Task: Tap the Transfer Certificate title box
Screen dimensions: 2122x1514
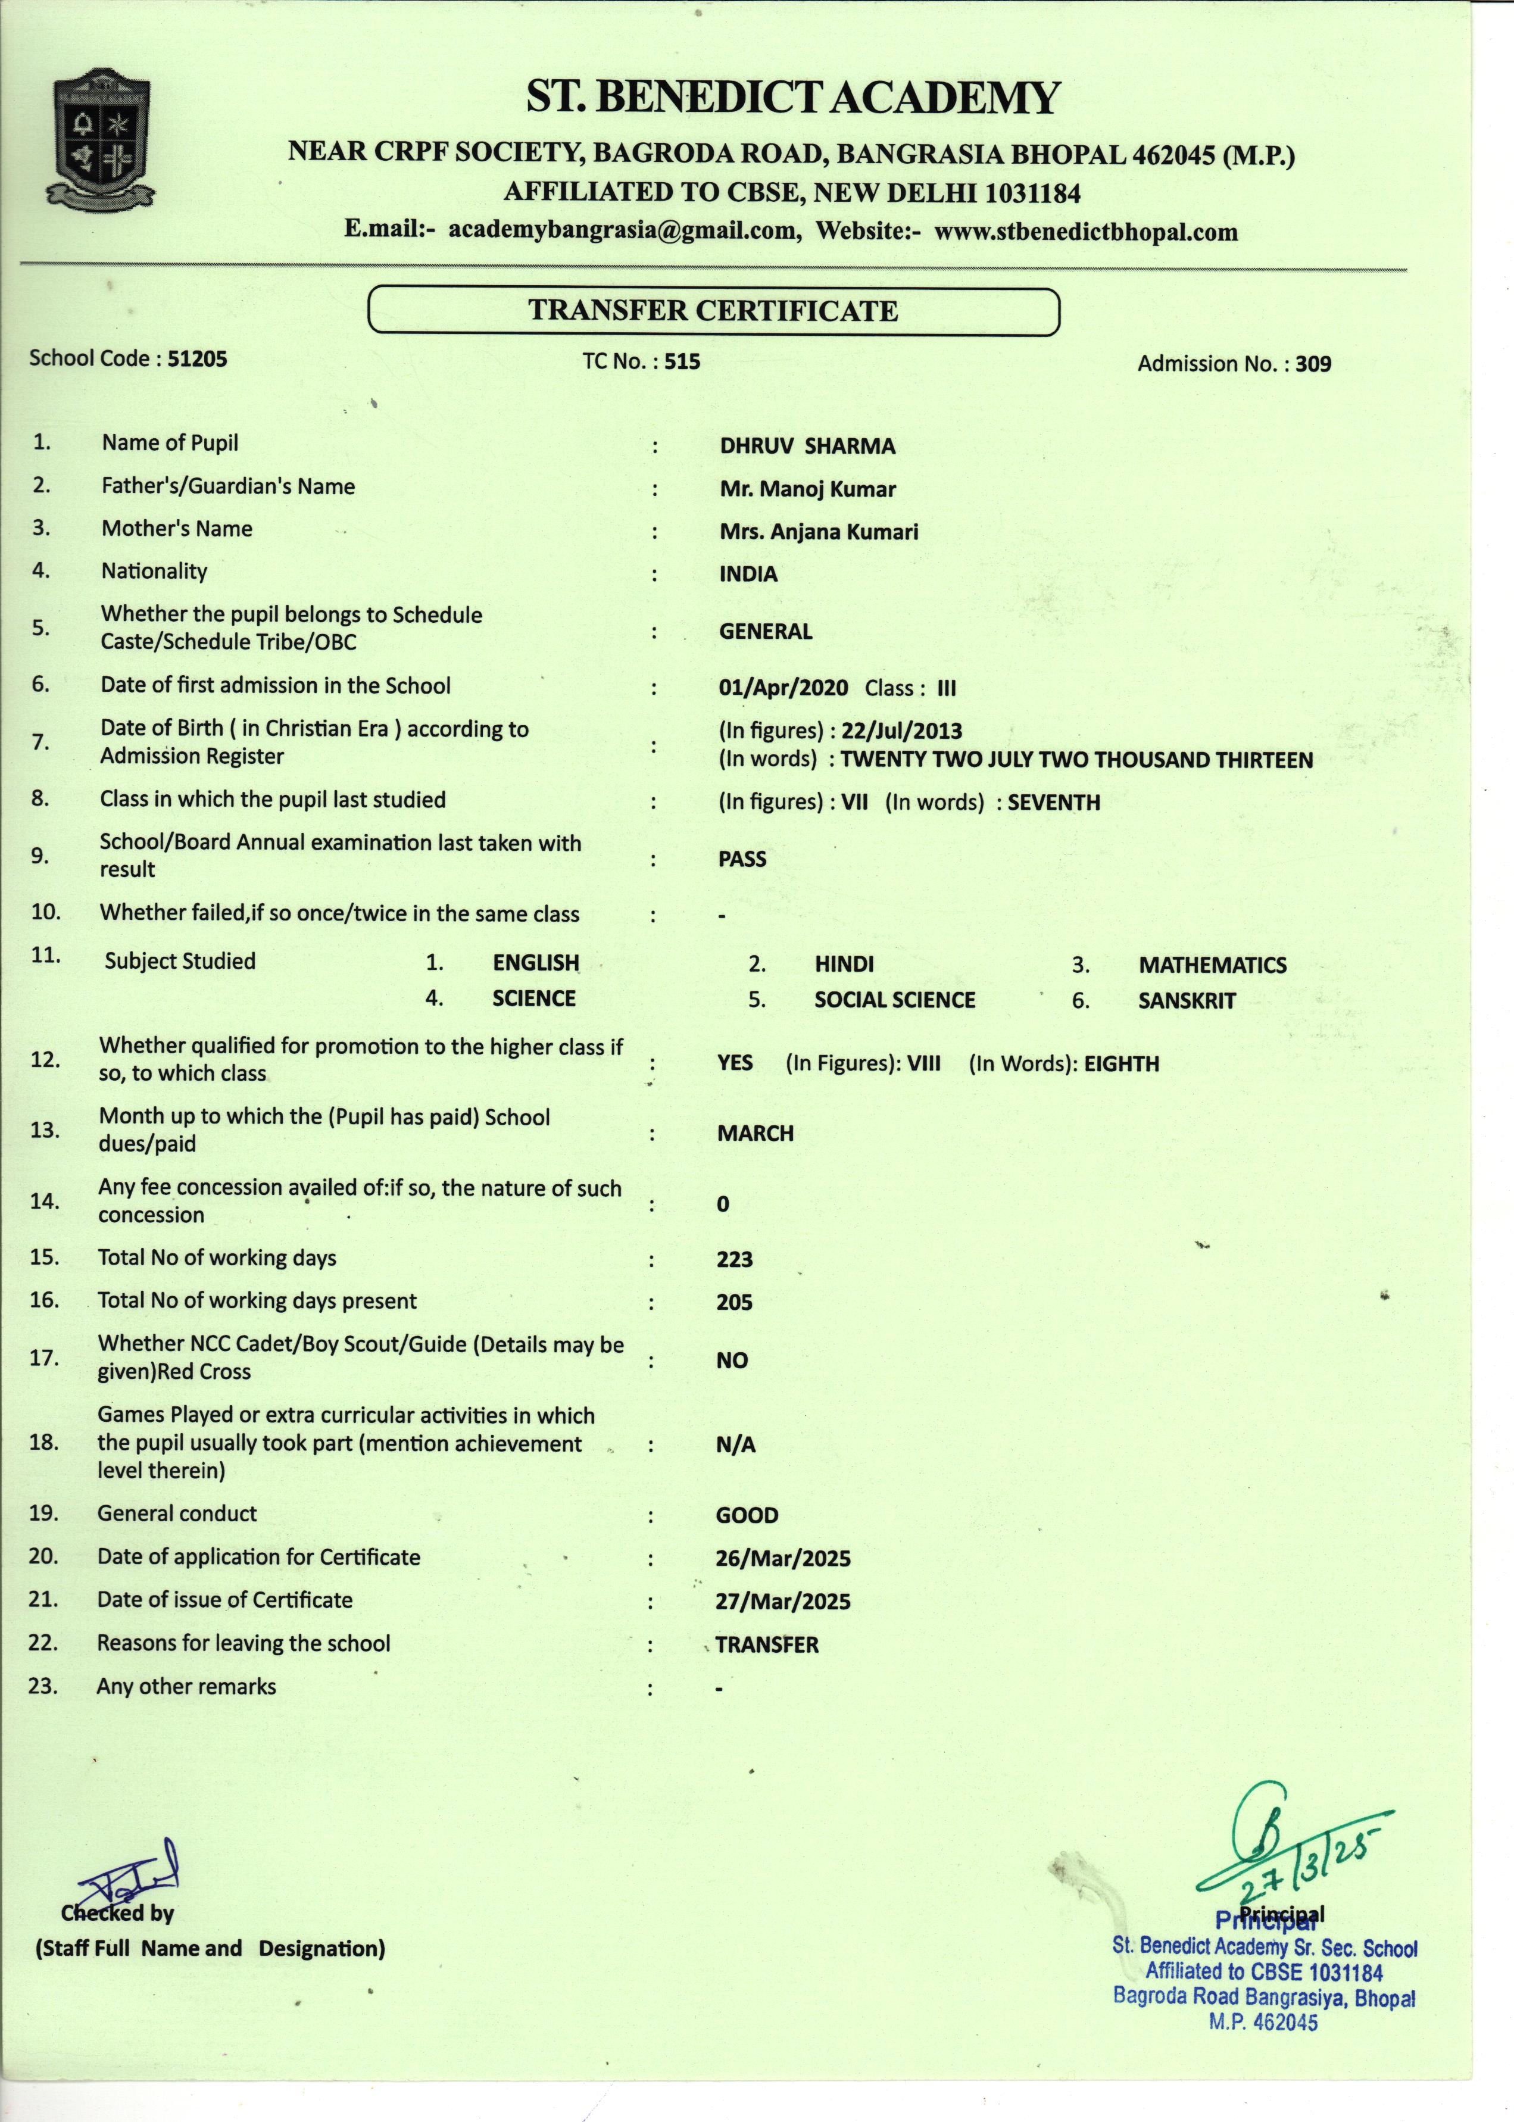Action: pyautogui.click(x=713, y=310)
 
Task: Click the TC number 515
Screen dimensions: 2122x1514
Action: pyautogui.click(x=682, y=362)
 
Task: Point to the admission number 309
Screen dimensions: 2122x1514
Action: pyautogui.click(x=1313, y=364)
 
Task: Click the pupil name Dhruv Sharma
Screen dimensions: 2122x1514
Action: pyautogui.click(x=807, y=447)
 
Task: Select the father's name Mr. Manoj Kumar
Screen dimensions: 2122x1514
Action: pyautogui.click(x=807, y=489)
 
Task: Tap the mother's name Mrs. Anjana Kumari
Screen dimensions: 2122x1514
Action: pyautogui.click(x=819, y=532)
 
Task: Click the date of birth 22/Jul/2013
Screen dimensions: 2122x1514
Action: pyautogui.click(x=901, y=731)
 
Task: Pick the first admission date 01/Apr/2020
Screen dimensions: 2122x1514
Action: pyautogui.click(x=783, y=689)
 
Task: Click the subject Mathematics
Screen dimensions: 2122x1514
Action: pyautogui.click(x=1212, y=966)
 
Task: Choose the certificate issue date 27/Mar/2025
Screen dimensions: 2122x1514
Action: pyautogui.click(x=783, y=1602)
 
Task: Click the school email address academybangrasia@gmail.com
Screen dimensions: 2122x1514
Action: pyautogui.click(x=623, y=230)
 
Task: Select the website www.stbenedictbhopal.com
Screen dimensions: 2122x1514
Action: pyautogui.click(x=1086, y=232)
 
